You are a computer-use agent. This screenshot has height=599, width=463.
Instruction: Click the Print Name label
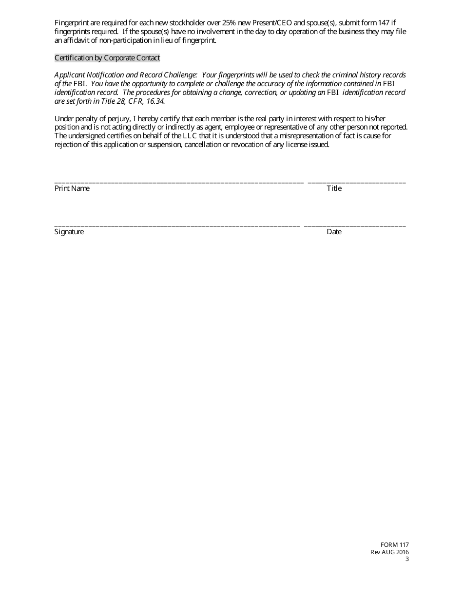point(72,188)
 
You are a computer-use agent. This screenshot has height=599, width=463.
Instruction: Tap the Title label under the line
point(334,188)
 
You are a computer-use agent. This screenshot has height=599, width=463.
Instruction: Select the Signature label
point(69,232)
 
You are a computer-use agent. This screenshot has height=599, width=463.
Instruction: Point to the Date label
point(334,232)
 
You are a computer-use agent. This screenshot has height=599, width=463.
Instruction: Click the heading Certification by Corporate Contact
point(107,58)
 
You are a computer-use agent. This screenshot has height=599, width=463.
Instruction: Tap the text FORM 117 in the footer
point(395,545)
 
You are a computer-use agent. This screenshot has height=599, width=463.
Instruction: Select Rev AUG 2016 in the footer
point(389,552)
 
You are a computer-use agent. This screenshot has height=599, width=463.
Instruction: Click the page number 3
point(407,559)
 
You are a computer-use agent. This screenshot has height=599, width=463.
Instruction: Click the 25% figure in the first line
point(229,23)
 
